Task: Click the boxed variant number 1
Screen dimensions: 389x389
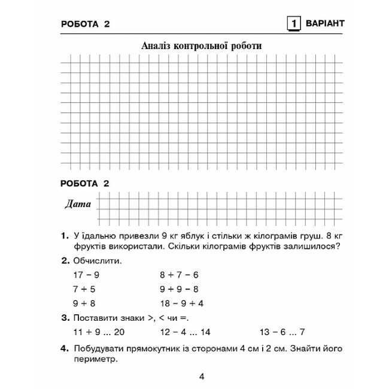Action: tap(294, 24)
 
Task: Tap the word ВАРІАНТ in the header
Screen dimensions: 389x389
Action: tap(325, 24)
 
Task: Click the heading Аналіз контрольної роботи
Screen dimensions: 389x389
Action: tap(202, 45)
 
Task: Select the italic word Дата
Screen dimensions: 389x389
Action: tap(78, 204)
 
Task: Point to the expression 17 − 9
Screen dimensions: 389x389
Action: tap(86, 275)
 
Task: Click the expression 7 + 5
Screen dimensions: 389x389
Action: tap(84, 288)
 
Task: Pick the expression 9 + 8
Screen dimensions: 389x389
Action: tap(84, 303)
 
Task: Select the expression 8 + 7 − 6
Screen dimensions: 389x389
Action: tap(179, 275)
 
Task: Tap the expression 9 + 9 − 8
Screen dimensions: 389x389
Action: tap(179, 288)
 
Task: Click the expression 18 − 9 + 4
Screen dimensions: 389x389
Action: tap(181, 303)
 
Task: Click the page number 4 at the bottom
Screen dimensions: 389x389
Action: tap(202, 376)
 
